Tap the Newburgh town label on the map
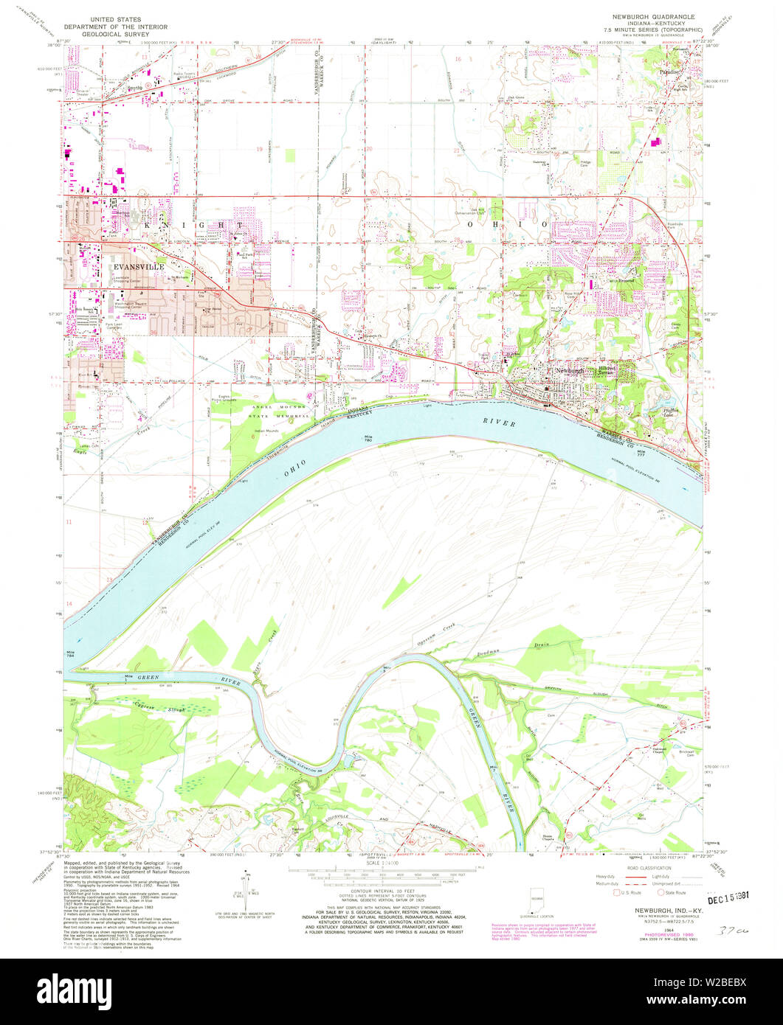coord(569,369)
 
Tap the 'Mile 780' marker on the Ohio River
coord(368,438)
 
